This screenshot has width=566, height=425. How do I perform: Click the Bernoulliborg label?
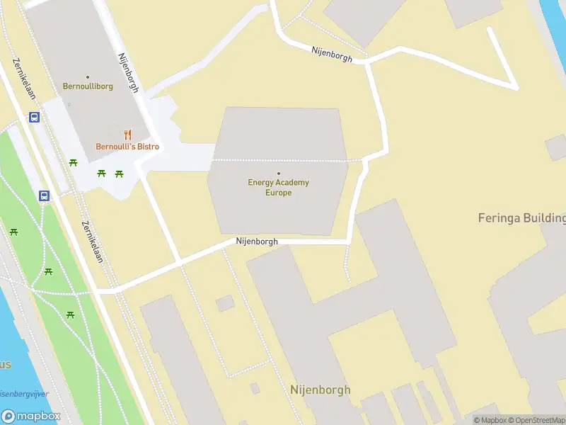88,87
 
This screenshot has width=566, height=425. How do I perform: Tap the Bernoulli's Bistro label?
127,147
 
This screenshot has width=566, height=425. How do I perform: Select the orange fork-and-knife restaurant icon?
127,135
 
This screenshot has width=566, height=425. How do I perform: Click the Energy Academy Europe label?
278,187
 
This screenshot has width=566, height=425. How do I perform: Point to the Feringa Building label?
522,217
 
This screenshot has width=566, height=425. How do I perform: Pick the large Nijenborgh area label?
320,390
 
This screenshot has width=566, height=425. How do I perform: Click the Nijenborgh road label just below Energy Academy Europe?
257,242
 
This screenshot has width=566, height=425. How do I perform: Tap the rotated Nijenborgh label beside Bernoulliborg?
129,72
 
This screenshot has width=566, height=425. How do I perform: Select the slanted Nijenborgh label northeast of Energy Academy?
332,53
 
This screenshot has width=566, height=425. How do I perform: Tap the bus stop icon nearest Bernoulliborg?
34,118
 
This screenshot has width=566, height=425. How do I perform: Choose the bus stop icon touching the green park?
44,195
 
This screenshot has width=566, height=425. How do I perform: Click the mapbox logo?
31,416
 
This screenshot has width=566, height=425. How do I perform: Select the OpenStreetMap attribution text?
536,420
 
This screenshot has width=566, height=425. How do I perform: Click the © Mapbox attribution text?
490,420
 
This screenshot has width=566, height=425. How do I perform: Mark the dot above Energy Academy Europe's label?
278,173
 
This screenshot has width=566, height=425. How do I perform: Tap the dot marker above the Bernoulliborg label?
88,76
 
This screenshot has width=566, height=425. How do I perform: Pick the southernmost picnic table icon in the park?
70,314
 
